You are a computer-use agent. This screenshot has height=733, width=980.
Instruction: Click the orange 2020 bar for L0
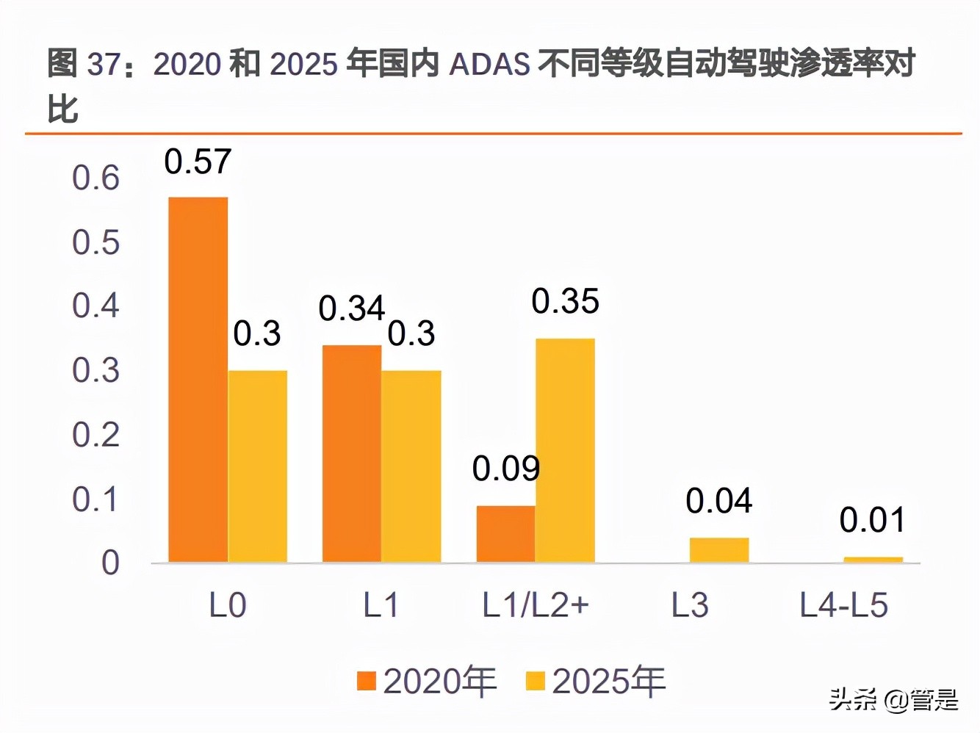[198, 380]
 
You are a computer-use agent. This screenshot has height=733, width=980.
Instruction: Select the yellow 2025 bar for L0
[257, 466]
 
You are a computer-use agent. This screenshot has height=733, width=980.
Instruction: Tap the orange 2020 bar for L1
[352, 454]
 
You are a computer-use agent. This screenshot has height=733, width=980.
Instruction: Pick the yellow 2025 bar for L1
[411, 466]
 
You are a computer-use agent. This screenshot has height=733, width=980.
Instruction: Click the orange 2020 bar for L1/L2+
[505, 534]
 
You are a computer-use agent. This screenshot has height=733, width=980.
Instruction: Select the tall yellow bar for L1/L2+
[565, 450]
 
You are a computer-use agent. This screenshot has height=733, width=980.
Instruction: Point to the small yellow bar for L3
[718, 550]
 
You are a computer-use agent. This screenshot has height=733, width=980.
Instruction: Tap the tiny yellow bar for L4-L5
[873, 560]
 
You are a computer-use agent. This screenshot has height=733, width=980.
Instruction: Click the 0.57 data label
[198, 162]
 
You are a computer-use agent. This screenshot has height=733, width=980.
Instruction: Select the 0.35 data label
[565, 301]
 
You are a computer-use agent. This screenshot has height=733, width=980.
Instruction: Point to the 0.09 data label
[505, 469]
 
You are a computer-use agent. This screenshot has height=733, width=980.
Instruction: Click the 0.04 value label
[718, 501]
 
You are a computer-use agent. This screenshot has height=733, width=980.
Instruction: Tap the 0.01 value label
[873, 520]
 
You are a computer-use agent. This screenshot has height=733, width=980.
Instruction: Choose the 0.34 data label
[351, 308]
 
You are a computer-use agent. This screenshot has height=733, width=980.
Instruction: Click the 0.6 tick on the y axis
[96, 178]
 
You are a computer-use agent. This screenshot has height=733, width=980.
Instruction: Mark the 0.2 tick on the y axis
[96, 435]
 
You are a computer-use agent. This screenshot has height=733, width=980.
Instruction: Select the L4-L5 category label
[843, 606]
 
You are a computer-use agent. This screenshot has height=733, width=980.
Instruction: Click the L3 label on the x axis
[690, 606]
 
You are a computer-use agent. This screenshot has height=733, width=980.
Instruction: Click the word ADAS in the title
[489, 65]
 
